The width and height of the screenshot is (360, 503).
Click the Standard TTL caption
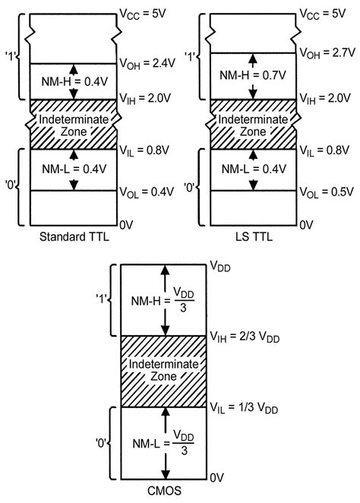pyautogui.click(x=70, y=237)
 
